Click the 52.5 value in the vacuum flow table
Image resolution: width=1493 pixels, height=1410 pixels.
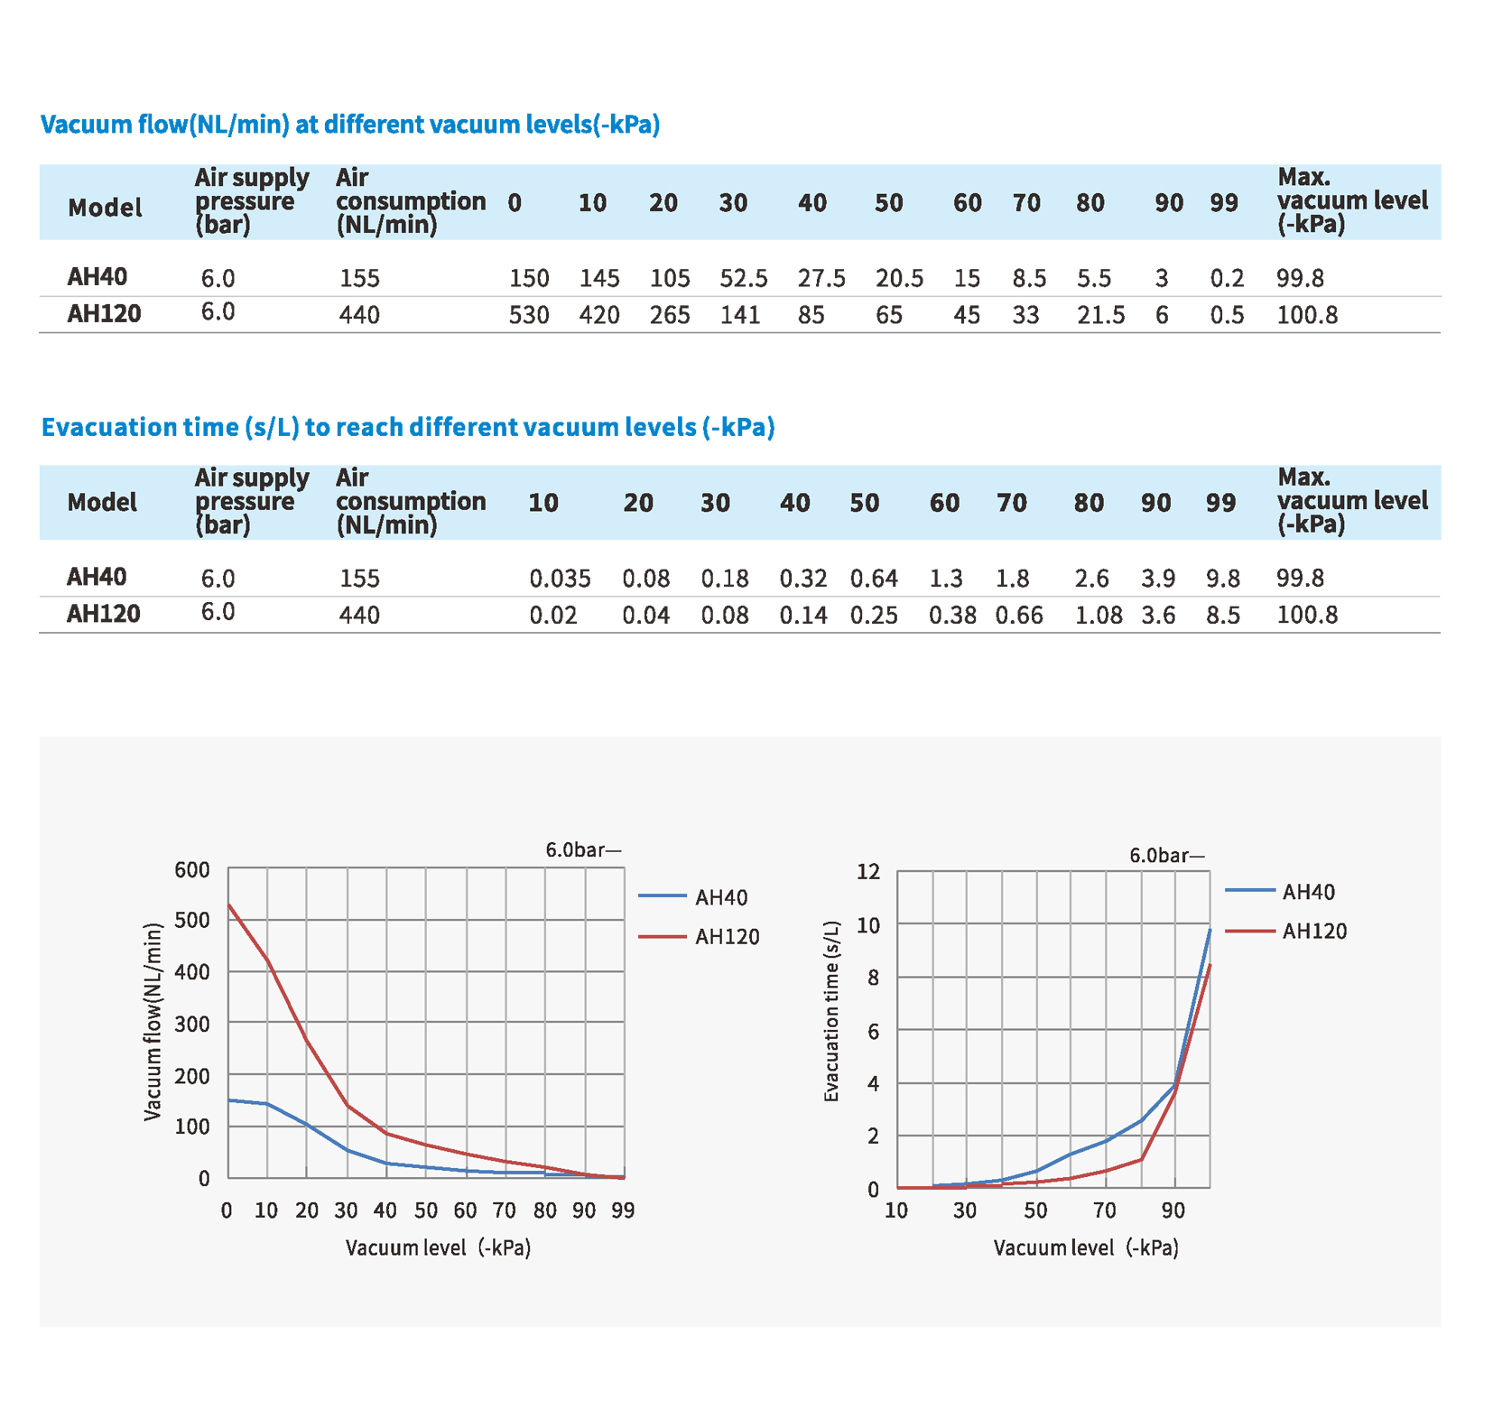tap(743, 278)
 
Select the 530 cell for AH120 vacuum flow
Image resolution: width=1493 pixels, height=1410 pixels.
tap(528, 315)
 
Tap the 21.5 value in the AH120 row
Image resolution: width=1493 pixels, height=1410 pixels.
tap(1100, 315)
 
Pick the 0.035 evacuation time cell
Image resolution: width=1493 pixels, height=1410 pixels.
tap(560, 579)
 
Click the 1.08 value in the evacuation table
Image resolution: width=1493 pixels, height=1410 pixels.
tap(1099, 616)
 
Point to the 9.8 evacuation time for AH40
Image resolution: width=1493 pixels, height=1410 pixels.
tap(1223, 579)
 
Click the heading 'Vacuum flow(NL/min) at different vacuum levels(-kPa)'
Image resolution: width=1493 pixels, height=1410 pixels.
tap(350, 125)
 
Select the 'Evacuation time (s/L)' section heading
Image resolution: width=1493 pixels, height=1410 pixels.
tap(408, 427)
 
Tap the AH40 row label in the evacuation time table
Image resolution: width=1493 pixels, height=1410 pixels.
tap(97, 577)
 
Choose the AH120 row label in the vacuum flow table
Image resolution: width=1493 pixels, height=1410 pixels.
tap(104, 314)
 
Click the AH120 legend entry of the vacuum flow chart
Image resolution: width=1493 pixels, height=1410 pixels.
tap(727, 937)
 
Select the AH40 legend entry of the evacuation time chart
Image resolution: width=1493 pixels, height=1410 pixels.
tap(1308, 892)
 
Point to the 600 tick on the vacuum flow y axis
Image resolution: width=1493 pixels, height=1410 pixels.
tap(191, 870)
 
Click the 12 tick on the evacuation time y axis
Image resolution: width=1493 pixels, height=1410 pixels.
tap(867, 872)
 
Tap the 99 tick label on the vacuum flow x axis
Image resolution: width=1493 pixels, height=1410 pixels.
tap(623, 1211)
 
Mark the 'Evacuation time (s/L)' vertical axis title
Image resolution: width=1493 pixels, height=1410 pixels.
tap(832, 1011)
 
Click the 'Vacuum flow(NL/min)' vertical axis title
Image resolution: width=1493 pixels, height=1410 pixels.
tap(153, 1022)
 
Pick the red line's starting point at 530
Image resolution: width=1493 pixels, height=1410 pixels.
tap(229, 904)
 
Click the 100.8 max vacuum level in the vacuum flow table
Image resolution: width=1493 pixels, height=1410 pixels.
tap(1307, 315)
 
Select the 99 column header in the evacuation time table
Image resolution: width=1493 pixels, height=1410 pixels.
tap(1220, 503)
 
